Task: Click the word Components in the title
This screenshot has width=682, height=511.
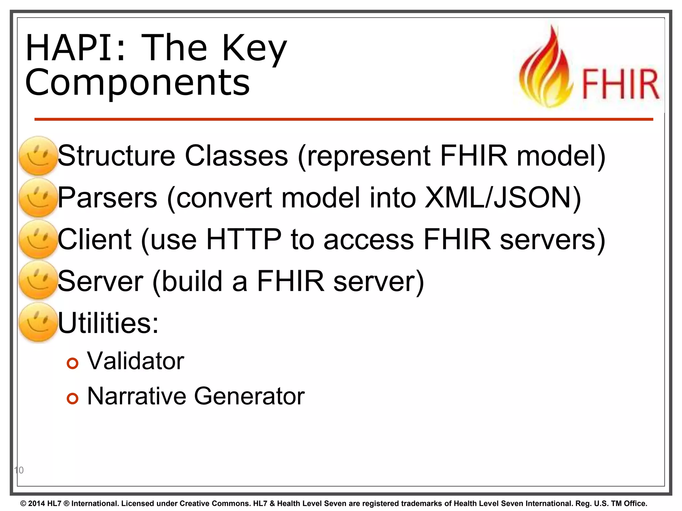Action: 137,83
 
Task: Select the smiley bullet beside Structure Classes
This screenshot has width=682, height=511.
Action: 38,156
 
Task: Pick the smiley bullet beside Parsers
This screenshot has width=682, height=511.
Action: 38,198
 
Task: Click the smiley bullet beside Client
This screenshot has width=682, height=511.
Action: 38,239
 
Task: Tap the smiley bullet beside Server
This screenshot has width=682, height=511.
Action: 38,280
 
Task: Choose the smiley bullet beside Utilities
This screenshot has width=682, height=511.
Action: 38,322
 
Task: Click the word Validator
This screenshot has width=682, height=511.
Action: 136,361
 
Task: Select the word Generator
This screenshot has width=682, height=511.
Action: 249,396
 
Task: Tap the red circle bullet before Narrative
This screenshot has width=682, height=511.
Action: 72,398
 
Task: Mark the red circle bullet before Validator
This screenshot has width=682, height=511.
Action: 72,363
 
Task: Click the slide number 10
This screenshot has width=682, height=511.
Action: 19,470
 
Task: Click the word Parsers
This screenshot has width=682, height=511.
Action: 107,198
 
